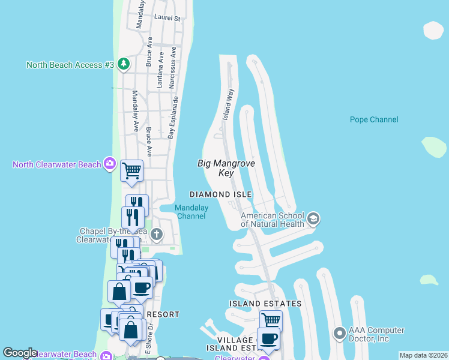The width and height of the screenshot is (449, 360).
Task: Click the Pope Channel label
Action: click(x=374, y=119)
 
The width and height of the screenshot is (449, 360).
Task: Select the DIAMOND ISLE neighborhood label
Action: click(x=220, y=194)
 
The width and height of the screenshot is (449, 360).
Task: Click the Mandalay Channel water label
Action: click(x=191, y=212)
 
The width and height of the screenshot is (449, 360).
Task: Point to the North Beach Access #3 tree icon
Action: click(x=123, y=64)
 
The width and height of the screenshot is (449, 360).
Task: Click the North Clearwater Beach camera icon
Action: click(x=109, y=164)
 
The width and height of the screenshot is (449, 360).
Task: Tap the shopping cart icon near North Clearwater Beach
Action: click(x=131, y=170)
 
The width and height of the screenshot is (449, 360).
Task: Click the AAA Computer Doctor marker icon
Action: click(x=339, y=332)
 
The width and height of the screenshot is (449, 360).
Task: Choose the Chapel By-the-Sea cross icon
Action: click(x=156, y=234)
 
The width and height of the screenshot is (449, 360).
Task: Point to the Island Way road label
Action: click(x=228, y=105)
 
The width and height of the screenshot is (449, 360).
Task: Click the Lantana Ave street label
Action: click(x=160, y=70)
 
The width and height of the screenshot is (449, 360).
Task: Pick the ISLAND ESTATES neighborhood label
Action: click(x=265, y=304)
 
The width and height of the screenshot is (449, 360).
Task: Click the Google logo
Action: click(x=20, y=353)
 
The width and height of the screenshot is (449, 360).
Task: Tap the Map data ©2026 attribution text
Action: click(x=423, y=355)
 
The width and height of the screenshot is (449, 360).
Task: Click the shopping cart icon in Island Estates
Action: click(x=271, y=320)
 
